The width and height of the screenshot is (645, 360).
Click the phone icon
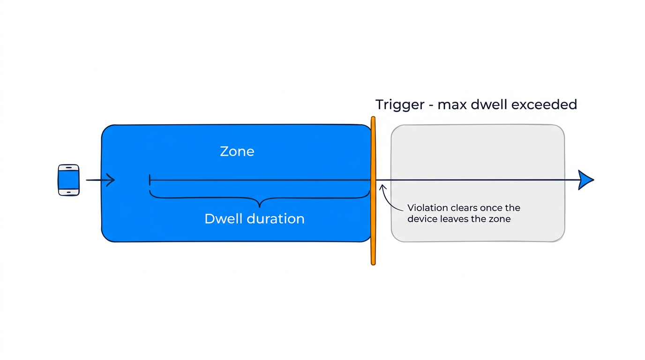coord(68,180)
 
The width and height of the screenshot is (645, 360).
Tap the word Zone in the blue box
coord(237,151)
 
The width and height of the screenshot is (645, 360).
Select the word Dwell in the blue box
coord(222,218)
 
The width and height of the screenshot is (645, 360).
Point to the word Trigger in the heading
coord(399,105)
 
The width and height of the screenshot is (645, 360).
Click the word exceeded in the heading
coord(544,105)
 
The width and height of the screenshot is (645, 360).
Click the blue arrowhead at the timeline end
coord(585,180)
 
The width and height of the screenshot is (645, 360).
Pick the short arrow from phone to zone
coord(100,180)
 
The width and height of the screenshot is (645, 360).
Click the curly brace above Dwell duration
coord(259,199)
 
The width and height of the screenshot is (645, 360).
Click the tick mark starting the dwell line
coord(150,180)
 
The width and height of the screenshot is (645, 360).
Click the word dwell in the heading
coord(488,105)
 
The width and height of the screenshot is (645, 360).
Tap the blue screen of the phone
coord(68,180)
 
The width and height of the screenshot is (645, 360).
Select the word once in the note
coord(493,208)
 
